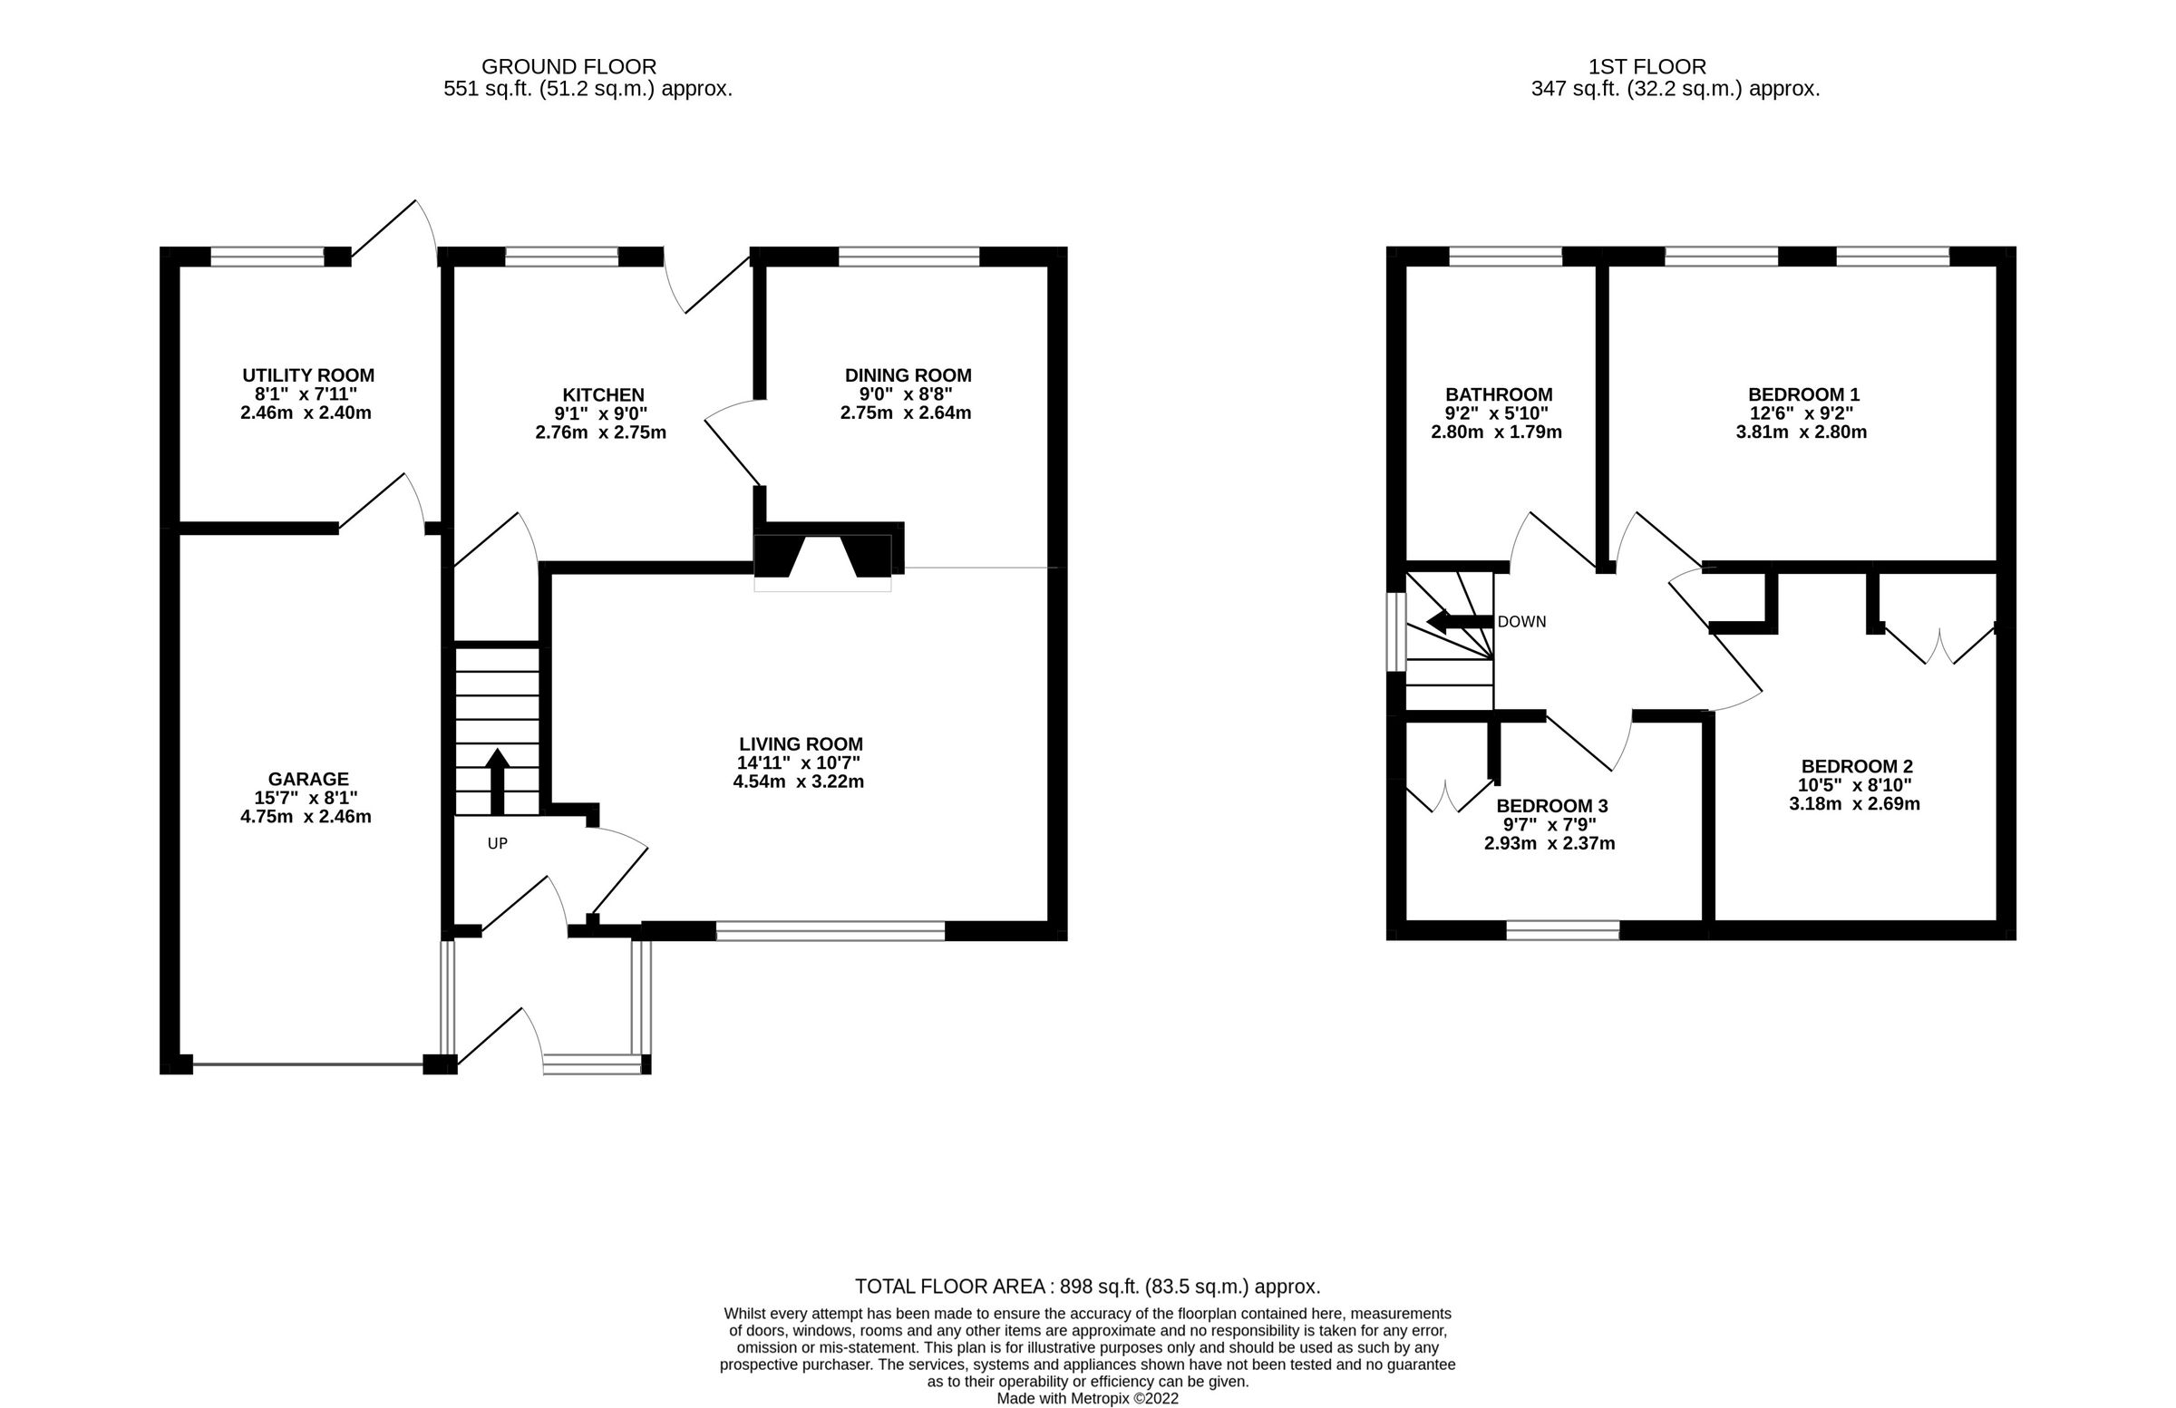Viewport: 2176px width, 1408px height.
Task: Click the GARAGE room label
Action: (308, 779)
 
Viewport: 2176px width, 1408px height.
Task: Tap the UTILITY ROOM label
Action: (308, 374)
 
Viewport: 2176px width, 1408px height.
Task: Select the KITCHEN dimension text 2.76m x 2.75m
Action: (601, 432)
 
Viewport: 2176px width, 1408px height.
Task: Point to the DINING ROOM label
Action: (907, 374)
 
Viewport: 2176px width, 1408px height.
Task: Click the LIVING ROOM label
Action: (800, 744)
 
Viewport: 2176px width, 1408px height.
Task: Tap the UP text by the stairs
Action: (498, 843)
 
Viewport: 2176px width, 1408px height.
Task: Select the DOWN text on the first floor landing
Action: (1521, 622)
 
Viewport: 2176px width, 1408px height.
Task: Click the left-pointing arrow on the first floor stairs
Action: (1458, 623)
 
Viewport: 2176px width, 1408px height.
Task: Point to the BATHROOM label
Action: (1498, 394)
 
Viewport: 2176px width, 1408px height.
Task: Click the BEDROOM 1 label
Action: (1803, 394)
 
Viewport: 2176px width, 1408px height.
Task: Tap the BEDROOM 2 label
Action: (1856, 766)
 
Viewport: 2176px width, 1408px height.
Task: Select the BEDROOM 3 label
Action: (1551, 805)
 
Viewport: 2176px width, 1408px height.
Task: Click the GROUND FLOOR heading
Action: (568, 67)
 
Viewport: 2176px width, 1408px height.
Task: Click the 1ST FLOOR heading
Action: (1647, 67)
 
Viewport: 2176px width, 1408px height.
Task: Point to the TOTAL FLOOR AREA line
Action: (1087, 1287)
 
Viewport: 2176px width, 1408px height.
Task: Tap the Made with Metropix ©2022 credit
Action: (1087, 1398)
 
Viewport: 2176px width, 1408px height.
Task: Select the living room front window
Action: (830, 931)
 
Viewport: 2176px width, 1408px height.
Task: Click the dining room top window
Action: (908, 256)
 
